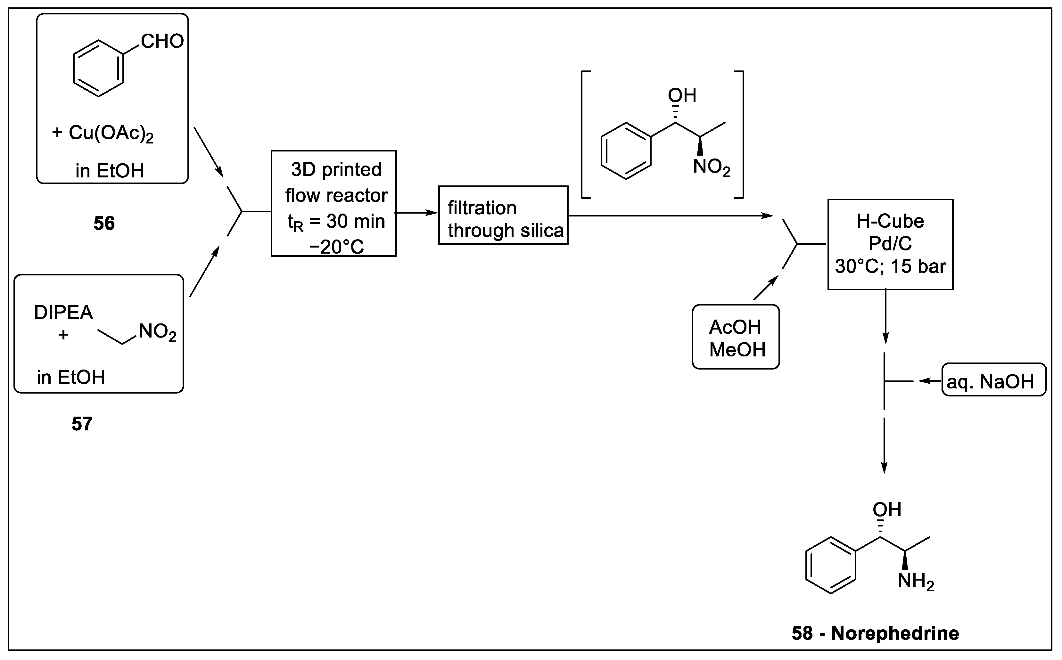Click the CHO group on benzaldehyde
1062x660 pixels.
click(x=162, y=41)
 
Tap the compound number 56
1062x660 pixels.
click(x=104, y=224)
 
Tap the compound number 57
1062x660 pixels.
click(x=82, y=424)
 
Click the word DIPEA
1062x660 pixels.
click(x=64, y=313)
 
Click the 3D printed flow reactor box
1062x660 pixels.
click(x=333, y=203)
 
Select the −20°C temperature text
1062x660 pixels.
click(x=336, y=247)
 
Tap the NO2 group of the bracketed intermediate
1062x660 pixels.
click(x=711, y=167)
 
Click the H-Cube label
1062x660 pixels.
click(x=890, y=221)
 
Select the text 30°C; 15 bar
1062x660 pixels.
click(x=890, y=266)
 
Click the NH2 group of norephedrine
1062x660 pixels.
click(x=916, y=582)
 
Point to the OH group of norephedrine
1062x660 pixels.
click(x=886, y=509)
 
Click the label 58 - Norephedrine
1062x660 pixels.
click(x=875, y=633)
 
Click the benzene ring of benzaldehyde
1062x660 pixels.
click(x=98, y=69)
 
